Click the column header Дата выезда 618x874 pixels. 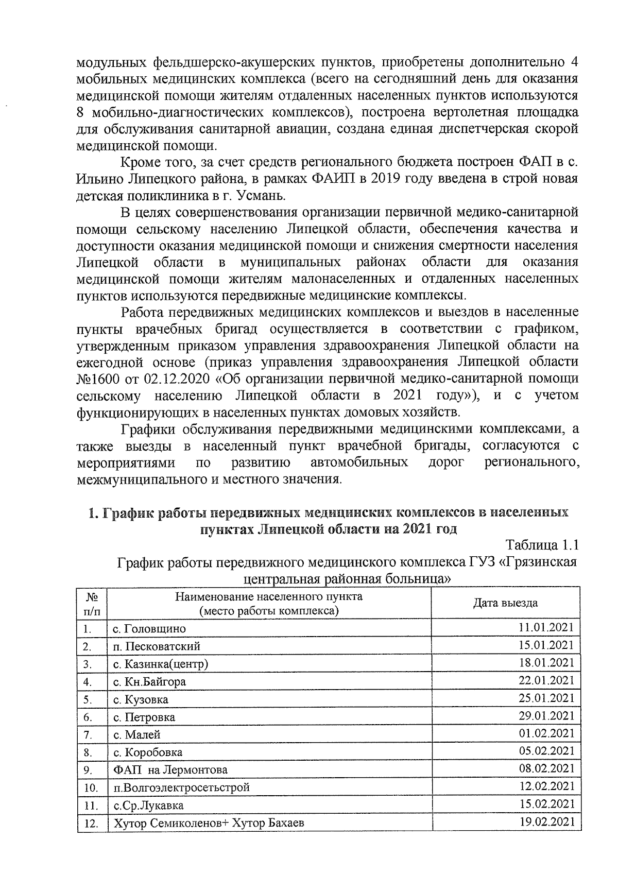tap(505, 603)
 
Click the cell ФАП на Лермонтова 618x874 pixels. tap(170, 770)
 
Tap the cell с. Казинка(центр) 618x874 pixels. tap(161, 664)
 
